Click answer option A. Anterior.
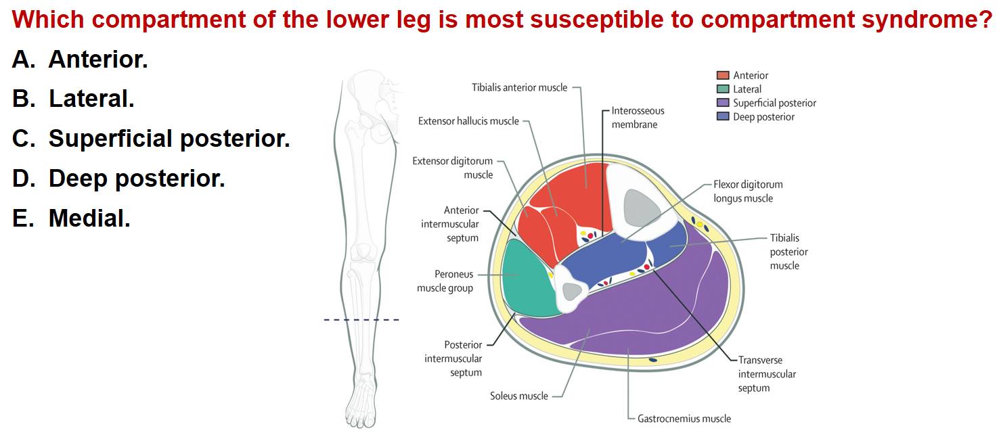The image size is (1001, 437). (80, 59)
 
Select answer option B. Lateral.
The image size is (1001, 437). (73, 99)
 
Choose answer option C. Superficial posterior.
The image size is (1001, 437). (151, 139)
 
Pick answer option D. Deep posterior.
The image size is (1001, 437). (118, 179)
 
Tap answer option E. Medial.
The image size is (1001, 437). (72, 218)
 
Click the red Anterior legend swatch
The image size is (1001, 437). (723, 75)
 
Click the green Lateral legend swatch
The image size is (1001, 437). (723, 89)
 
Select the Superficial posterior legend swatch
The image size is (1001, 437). (723, 103)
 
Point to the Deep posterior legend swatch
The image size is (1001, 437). (723, 116)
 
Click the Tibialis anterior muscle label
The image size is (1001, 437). (519, 87)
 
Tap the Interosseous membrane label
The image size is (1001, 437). (638, 118)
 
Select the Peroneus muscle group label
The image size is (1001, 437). (445, 281)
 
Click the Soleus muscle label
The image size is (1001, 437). (519, 396)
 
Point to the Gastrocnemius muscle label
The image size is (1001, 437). (684, 419)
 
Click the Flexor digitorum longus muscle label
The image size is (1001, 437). (748, 191)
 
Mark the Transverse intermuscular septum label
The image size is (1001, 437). (767, 374)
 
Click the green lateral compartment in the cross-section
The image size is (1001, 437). (527, 279)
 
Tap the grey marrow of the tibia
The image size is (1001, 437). (641, 208)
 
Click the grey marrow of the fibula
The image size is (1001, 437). (573, 292)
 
